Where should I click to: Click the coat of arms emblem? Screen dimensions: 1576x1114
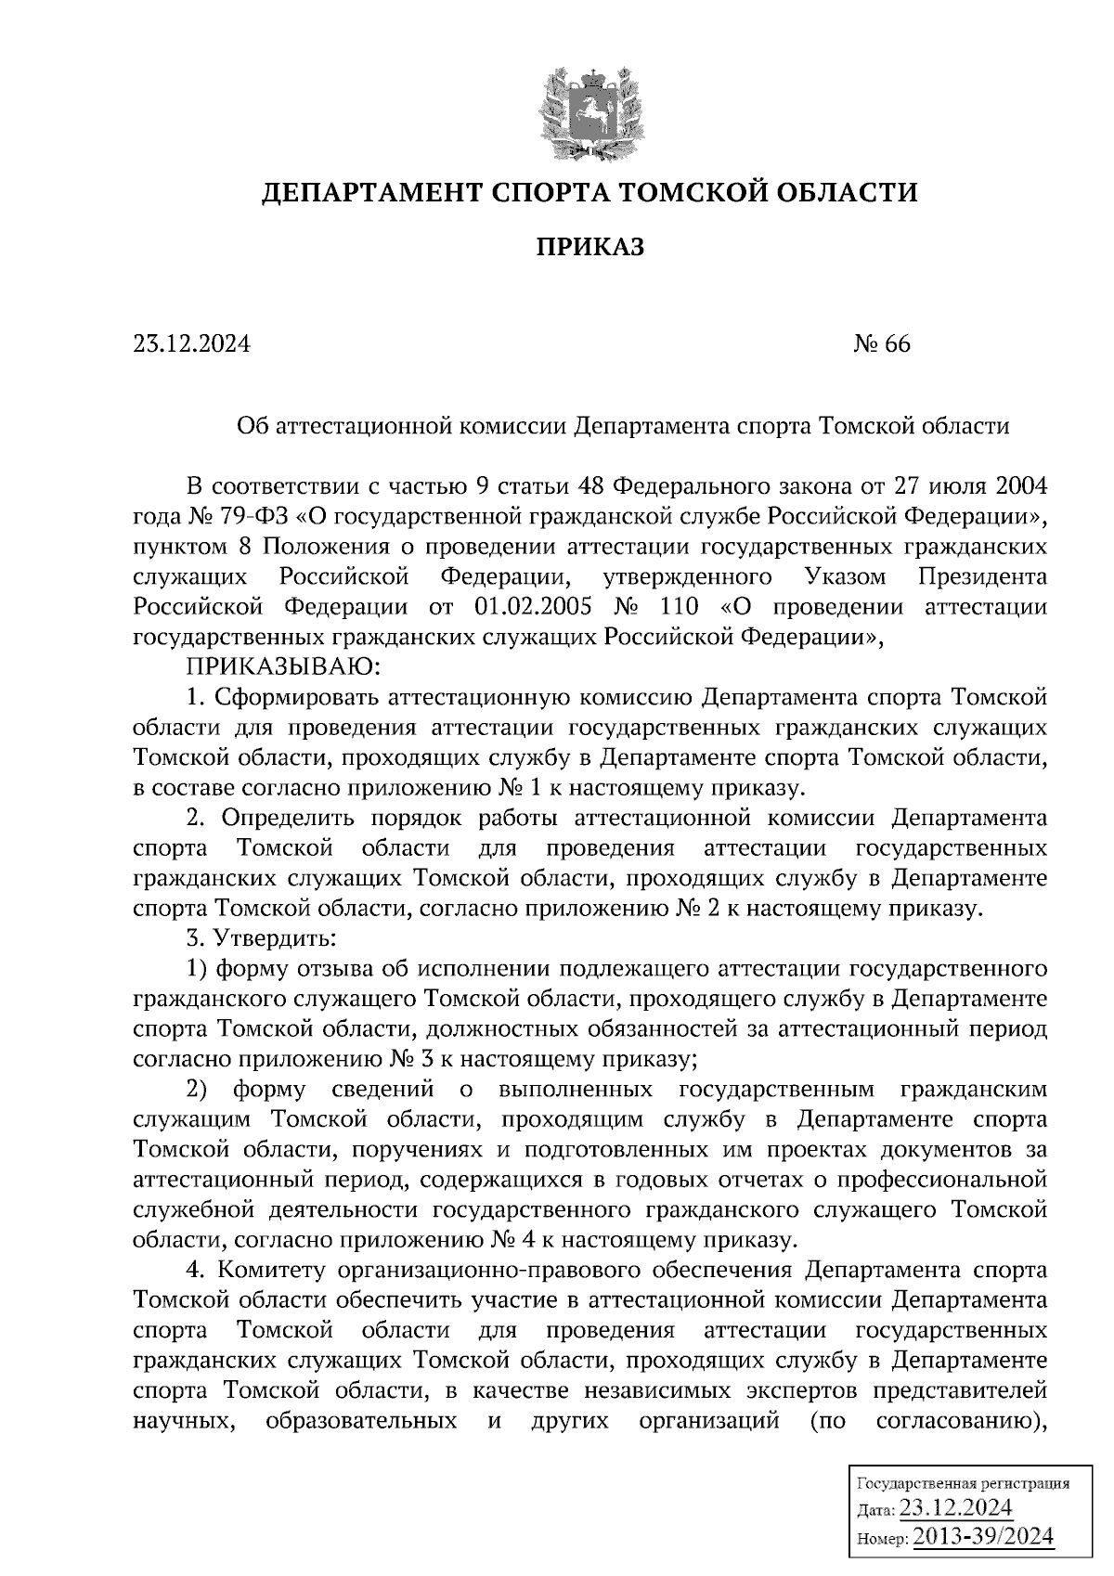click(589, 110)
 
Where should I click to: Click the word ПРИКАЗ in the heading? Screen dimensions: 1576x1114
click(589, 247)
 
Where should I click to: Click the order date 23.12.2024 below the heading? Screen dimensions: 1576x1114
click(192, 344)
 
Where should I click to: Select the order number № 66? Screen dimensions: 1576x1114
click(882, 344)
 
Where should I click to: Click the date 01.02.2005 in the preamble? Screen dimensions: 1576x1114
click(527, 607)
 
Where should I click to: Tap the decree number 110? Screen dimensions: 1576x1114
click(684, 607)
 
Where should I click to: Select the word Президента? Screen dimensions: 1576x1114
click(982, 576)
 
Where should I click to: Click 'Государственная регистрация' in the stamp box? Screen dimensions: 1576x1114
click(961, 1483)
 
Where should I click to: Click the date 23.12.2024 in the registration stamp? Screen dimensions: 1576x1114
click(956, 1508)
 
